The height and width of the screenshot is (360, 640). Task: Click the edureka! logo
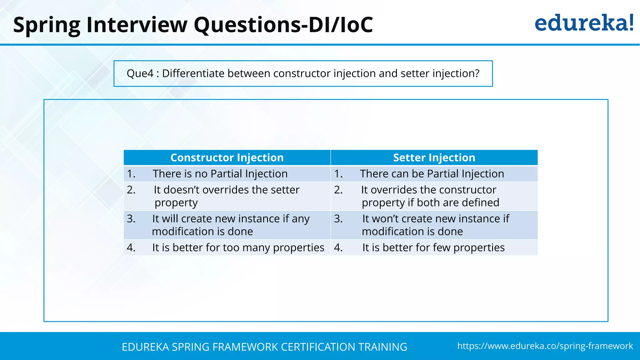[584, 24]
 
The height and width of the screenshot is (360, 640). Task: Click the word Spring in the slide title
[47, 25]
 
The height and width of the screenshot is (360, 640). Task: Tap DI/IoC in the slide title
[341, 25]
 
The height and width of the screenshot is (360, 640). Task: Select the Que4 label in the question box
[140, 73]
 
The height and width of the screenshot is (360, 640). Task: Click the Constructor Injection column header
[227, 157]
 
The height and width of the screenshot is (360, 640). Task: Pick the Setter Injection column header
[434, 157]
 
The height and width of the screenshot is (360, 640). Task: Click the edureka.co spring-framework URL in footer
[545, 346]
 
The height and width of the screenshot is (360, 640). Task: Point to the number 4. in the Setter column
[338, 247]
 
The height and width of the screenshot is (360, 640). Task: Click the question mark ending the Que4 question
[477, 73]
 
